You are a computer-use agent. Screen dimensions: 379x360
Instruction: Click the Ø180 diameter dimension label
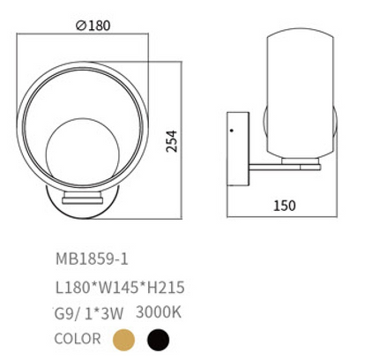click(x=93, y=26)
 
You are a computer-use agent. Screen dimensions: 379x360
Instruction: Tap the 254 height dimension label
click(x=172, y=141)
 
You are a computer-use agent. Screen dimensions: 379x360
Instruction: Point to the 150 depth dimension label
click(x=285, y=206)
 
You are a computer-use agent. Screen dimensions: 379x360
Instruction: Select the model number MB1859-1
click(x=92, y=259)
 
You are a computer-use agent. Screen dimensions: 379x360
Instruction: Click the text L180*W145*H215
click(x=120, y=288)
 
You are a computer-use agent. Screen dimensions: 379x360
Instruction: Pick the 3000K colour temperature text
click(x=159, y=312)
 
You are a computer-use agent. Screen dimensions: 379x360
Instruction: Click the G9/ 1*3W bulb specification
click(x=89, y=313)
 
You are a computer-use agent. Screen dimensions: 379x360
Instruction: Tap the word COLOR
click(x=78, y=339)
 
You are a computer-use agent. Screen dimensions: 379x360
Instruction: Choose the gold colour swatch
click(x=123, y=340)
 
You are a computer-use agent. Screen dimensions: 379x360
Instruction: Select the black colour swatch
click(x=159, y=340)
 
